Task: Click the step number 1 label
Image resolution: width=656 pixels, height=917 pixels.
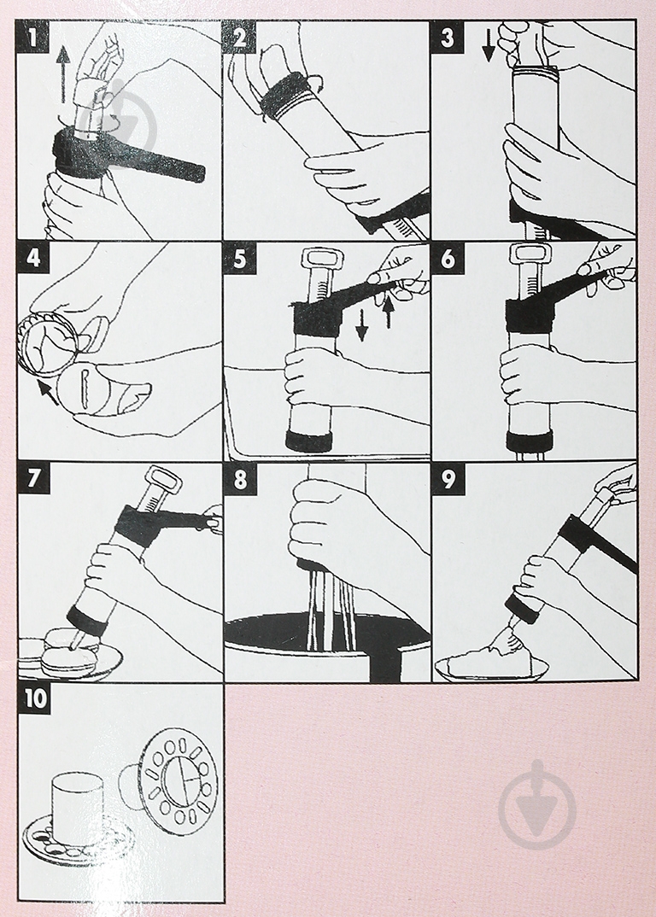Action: pos(32,37)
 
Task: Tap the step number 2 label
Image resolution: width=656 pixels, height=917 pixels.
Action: pos(239,37)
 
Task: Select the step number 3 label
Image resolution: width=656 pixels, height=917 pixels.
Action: pos(447,37)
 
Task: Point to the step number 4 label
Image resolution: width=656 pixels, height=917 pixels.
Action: pos(33,257)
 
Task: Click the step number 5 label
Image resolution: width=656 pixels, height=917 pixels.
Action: pos(240,257)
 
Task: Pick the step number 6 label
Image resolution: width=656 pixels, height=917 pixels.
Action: pos(448,257)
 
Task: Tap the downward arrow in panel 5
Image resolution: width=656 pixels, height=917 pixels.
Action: pos(362,324)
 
